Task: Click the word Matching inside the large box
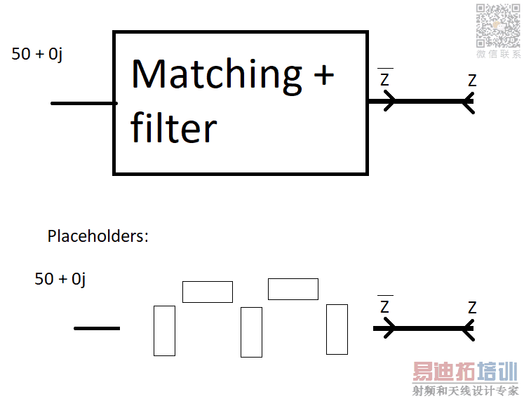[x=217, y=75]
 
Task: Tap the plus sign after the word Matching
[x=323, y=74]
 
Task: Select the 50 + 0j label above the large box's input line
[x=36, y=54]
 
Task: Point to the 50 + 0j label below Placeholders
[x=60, y=279]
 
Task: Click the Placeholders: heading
[x=98, y=236]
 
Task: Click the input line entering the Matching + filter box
[x=83, y=103]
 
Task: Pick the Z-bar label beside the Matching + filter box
[x=384, y=79]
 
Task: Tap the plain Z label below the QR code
[x=472, y=81]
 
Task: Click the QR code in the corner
[x=498, y=25]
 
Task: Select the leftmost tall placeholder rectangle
[x=164, y=330]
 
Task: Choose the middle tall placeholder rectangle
[x=251, y=332]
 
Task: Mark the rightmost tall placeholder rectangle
[x=337, y=329]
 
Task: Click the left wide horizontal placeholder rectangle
[x=208, y=292]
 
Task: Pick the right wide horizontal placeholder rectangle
[x=293, y=289]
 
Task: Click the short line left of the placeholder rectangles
[x=97, y=328]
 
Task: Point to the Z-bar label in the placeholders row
[x=384, y=306]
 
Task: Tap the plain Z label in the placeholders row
[x=472, y=308]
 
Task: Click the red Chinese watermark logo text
[x=464, y=372]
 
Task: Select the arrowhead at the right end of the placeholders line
[x=469, y=328]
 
